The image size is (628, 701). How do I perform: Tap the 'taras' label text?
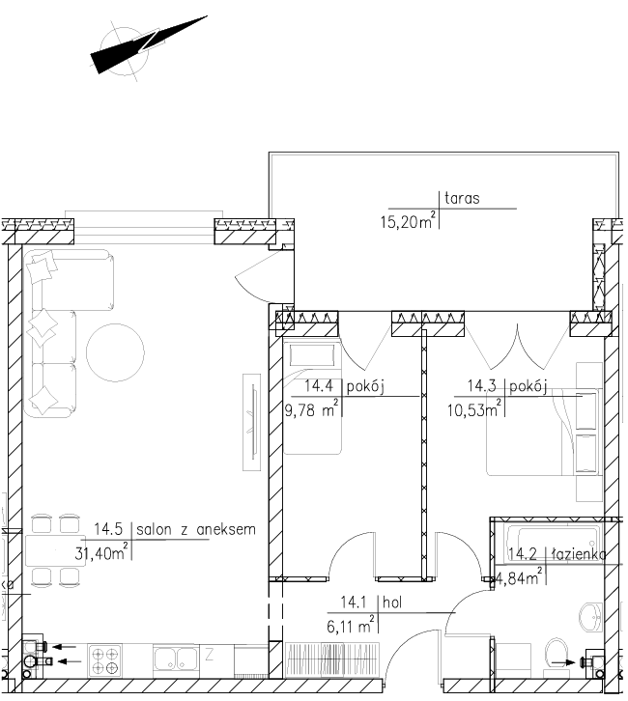(462, 198)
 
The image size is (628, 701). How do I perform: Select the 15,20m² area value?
(408, 220)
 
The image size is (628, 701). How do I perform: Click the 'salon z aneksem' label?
(196, 530)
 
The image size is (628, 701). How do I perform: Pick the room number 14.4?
(319, 386)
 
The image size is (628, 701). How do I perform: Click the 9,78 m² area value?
(311, 408)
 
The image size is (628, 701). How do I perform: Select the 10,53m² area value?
(474, 408)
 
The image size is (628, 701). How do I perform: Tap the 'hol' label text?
(392, 603)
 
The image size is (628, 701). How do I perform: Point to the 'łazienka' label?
(579, 555)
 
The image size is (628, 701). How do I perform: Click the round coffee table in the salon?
(115, 352)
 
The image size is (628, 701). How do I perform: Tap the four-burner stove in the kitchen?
(104, 659)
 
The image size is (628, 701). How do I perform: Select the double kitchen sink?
(175, 658)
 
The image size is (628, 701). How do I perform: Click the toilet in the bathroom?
(557, 654)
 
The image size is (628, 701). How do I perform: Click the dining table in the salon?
(55, 550)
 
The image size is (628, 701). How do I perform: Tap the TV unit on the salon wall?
(252, 422)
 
